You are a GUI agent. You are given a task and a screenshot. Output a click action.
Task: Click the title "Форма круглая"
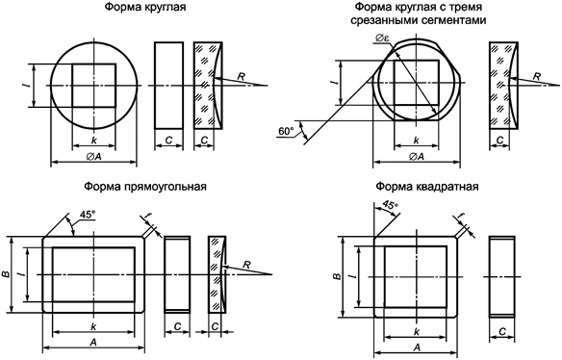pos(145,7)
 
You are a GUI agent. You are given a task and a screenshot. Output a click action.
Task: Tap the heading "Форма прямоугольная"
pos(145,187)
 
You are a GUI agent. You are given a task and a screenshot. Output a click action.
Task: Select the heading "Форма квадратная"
pos(427,187)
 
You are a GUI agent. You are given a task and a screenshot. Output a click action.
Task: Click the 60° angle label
pos(286,132)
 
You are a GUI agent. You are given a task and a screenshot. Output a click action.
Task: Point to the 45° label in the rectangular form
pos(88,215)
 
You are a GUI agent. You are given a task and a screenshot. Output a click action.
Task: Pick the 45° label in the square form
pos(391,205)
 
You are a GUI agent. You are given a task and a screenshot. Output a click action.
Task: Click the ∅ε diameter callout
pos(382,39)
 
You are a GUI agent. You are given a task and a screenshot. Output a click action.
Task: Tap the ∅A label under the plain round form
pos(94,156)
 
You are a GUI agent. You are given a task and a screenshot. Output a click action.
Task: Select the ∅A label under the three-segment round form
pos(416,156)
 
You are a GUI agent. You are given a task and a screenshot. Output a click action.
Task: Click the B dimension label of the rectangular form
pos(6,274)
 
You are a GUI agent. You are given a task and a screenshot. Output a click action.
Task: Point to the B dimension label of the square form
pos(337,276)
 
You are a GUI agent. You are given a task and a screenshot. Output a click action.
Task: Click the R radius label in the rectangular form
pos(246,265)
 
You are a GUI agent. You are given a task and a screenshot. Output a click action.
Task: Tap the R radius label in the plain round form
pos(242,76)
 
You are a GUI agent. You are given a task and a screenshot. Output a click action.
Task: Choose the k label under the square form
pos(416,332)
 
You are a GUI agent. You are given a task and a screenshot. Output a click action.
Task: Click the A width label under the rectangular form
pos(93,343)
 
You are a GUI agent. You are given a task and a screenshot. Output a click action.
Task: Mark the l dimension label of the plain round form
pos(24,86)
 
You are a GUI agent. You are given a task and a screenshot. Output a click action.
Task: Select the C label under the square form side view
pos(502,332)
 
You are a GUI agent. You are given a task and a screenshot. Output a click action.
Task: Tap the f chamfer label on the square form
pos(461,218)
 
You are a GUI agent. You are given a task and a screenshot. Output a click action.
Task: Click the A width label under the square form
pos(416,347)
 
